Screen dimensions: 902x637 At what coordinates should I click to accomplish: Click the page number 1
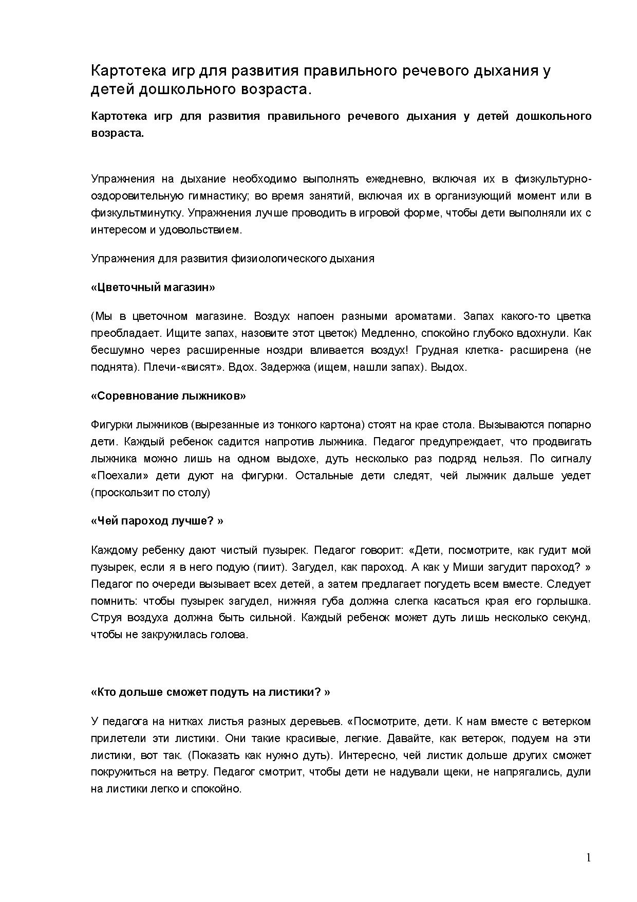[588, 857]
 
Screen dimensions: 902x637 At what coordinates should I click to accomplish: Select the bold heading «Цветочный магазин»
[153, 287]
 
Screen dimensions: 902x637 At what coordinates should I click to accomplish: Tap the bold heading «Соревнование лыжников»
[168, 396]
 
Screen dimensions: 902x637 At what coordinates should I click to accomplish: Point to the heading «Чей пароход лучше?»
[157, 521]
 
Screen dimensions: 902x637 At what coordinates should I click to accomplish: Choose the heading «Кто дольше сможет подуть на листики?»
[210, 692]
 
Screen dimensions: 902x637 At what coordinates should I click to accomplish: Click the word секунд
[571, 618]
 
